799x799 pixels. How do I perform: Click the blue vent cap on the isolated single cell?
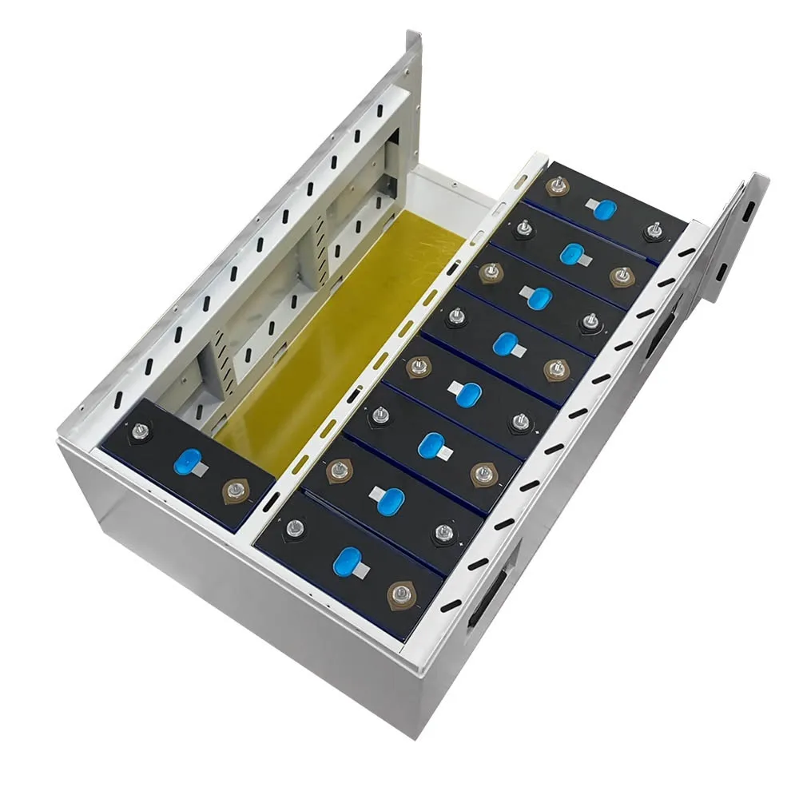[x=189, y=461]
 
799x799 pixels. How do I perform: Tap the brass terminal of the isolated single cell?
[x=235, y=489]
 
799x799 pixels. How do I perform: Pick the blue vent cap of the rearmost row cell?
[x=605, y=209]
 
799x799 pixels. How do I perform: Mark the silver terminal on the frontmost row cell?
[x=295, y=527]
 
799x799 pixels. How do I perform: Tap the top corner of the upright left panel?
[x=415, y=35]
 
